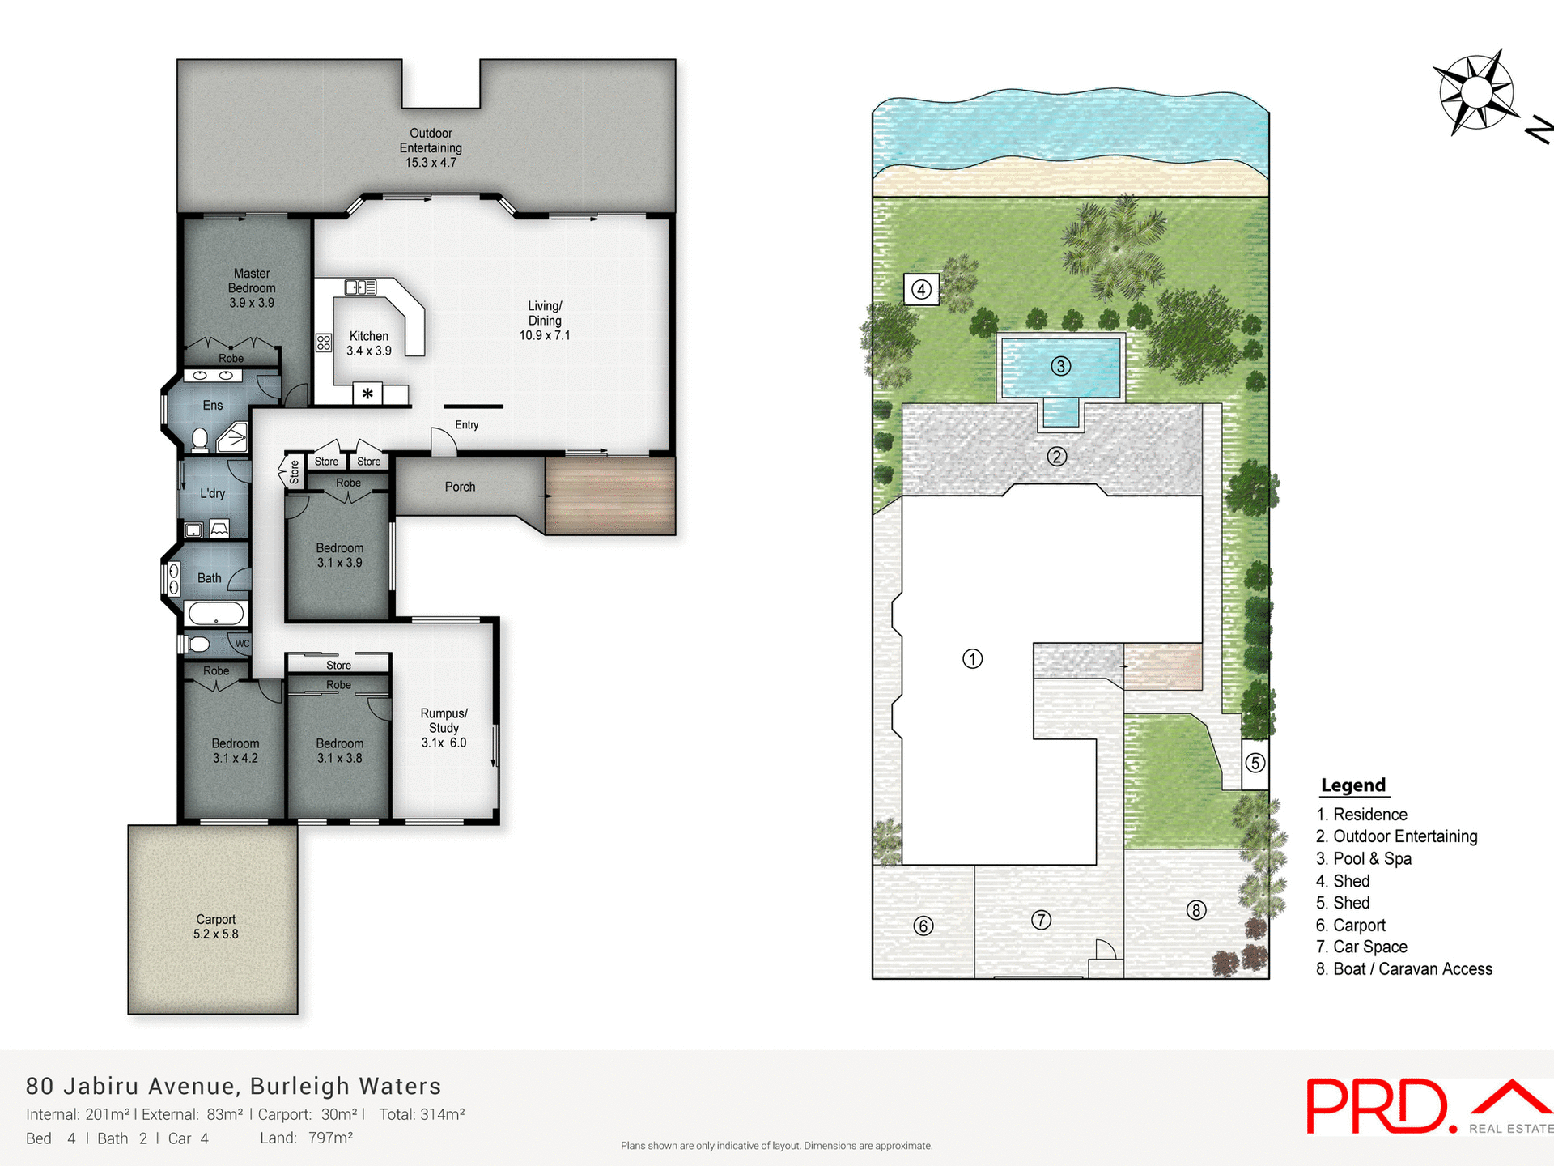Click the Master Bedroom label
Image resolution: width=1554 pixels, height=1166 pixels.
(252, 288)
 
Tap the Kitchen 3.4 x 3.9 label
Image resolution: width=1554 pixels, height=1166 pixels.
(369, 343)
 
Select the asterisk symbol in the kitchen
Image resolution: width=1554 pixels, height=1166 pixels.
(367, 394)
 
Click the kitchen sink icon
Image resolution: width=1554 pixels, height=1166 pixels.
(361, 287)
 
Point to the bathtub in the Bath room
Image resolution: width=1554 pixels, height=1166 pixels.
(216, 613)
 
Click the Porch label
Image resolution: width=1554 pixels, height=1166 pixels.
(460, 487)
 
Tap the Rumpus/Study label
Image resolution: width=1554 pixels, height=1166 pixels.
(444, 727)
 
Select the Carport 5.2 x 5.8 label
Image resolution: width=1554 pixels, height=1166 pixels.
(215, 926)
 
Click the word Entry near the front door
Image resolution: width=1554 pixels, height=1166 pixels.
(467, 425)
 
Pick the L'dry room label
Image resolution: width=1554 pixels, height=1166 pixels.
(212, 493)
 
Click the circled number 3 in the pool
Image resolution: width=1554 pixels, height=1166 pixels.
(1060, 366)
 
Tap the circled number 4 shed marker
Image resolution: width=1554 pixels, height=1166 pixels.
(921, 289)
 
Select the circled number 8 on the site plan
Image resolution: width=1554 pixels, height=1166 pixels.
(1196, 910)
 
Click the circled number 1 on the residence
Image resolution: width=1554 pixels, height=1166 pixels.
(972, 658)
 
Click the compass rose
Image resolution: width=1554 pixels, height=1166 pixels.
(1476, 92)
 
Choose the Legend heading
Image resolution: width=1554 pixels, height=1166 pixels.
(1353, 785)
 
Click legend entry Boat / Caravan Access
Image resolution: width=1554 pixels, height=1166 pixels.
(1404, 969)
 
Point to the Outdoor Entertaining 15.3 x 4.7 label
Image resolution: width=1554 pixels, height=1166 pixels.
(431, 147)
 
